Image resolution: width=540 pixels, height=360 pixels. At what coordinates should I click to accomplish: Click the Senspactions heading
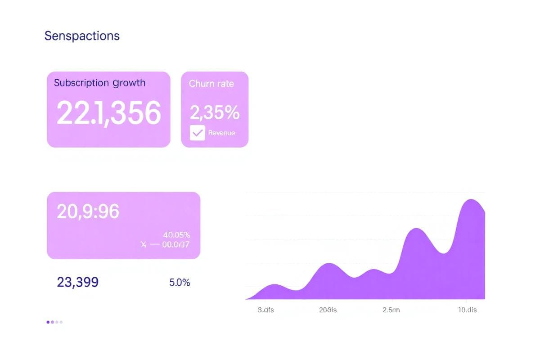click(82, 36)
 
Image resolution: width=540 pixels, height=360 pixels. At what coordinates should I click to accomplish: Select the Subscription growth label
click(99, 83)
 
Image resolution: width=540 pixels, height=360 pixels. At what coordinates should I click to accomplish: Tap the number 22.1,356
click(108, 112)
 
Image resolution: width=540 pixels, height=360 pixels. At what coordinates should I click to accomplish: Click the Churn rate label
click(211, 84)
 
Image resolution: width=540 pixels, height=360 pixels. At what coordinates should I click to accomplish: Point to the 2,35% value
click(214, 112)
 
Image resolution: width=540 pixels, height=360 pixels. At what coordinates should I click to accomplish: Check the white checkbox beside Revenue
click(197, 133)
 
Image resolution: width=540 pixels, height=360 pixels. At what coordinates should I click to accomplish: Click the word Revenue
click(221, 133)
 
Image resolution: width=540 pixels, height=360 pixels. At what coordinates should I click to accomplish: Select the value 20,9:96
click(88, 211)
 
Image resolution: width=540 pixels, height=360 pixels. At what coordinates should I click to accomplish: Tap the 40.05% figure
click(176, 235)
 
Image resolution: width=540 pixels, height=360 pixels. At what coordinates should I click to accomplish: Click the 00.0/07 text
click(175, 245)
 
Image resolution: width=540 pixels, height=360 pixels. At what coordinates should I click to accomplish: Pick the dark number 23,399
click(78, 282)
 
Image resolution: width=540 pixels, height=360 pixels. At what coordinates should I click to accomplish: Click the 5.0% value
click(180, 283)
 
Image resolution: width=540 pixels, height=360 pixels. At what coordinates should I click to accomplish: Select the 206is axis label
click(328, 310)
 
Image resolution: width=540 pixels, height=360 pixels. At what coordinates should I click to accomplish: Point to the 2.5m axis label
click(391, 310)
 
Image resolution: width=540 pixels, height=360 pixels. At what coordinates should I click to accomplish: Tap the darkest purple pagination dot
click(48, 322)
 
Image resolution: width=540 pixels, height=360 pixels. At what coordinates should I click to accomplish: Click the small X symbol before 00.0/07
click(144, 245)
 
